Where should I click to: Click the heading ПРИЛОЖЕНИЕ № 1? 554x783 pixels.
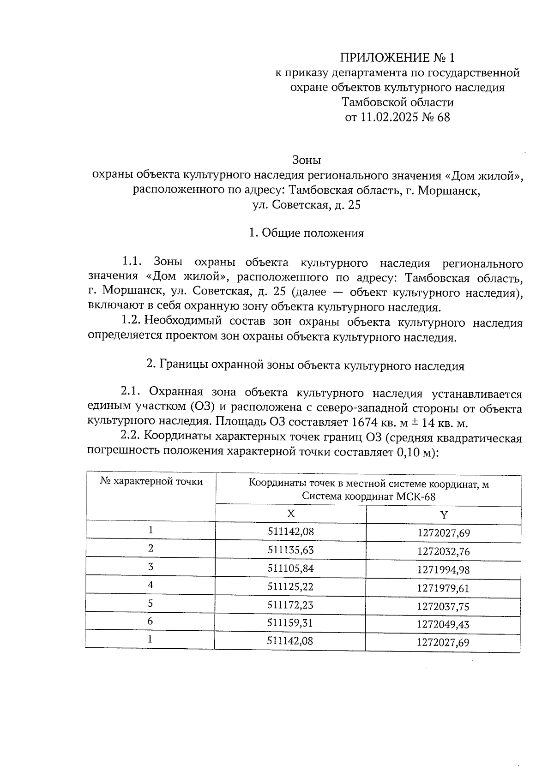click(397, 58)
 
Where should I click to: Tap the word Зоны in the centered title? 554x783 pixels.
click(307, 160)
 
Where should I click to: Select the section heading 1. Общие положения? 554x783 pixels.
click(306, 233)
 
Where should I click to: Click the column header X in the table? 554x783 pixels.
click(291, 514)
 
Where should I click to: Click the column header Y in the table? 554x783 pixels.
click(444, 514)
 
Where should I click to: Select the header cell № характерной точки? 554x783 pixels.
click(151, 482)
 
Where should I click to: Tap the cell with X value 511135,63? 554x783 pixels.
click(291, 550)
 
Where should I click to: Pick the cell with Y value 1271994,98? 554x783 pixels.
click(443, 570)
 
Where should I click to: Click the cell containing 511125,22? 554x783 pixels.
click(291, 586)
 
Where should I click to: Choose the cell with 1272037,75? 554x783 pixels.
click(443, 606)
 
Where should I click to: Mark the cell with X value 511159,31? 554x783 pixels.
click(291, 623)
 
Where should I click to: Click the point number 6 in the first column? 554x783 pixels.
click(151, 622)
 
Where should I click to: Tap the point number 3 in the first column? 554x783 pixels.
click(151, 567)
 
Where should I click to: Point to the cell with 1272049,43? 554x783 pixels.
click(443, 624)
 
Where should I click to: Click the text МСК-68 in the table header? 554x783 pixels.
click(415, 496)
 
